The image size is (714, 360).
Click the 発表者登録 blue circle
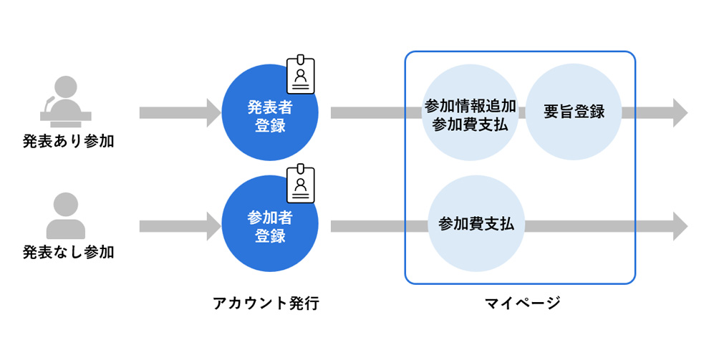[270, 112]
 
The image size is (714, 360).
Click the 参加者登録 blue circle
[270, 224]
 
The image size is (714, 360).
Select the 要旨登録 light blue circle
[574, 112]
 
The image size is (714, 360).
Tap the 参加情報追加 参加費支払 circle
[470, 112]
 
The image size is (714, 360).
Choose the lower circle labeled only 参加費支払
[476, 224]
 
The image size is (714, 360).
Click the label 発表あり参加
[68, 142]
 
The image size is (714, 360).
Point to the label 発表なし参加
[68, 252]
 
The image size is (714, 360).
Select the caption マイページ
[522, 303]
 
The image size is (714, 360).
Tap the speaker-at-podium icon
[66, 102]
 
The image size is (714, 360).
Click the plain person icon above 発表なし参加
[66, 215]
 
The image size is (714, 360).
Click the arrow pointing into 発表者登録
[180, 113]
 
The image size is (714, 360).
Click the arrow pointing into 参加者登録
[180, 226]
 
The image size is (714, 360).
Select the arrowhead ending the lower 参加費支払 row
[680, 226]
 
